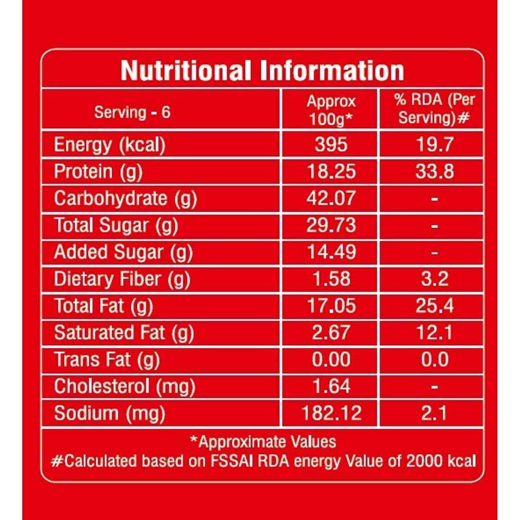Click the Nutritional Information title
(262, 71)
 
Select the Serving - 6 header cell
(132, 112)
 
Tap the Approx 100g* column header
(331, 110)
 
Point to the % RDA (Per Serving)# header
(434, 108)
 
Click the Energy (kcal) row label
(110, 145)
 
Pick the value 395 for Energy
(331, 145)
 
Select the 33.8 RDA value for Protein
(434, 171)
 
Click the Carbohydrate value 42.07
(331, 199)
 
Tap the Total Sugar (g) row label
(116, 225)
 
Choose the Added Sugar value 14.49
(331, 252)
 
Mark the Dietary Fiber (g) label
(122, 279)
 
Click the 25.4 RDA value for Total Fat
(434, 305)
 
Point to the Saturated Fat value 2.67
(331, 332)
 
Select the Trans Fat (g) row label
(107, 360)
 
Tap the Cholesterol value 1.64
(331, 386)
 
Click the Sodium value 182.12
(331, 413)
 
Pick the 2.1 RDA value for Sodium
(434, 413)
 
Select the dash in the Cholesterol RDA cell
(434, 387)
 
